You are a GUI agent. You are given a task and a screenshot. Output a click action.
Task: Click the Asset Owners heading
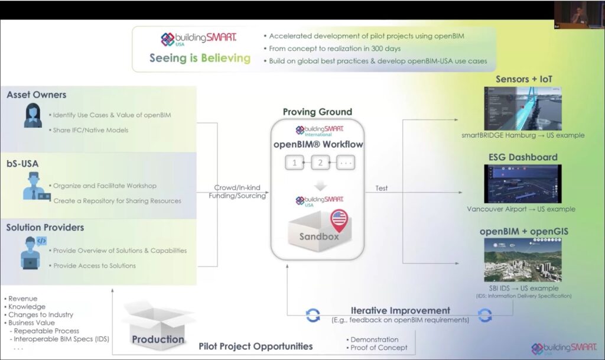37,95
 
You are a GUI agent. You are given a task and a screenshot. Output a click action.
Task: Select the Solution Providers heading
45,228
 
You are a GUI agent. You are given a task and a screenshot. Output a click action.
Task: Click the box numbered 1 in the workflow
294,163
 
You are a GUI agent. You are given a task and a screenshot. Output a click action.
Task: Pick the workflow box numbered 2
320,163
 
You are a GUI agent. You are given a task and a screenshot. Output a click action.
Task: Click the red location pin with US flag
339,220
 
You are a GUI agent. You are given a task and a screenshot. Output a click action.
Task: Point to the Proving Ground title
317,112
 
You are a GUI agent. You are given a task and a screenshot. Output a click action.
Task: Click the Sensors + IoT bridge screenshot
522,108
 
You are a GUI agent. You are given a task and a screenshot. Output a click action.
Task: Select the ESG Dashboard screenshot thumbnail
522,183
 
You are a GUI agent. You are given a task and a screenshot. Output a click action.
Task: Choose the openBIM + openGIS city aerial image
522,260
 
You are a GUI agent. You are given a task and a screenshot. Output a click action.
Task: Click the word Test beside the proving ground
382,189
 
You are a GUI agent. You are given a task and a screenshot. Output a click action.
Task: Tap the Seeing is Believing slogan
200,59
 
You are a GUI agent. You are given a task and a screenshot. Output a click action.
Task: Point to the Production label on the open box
158,339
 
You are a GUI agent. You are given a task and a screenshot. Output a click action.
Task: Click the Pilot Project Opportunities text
255,346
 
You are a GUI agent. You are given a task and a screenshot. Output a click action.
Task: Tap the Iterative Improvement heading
400,311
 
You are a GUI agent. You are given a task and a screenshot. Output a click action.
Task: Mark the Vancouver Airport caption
521,209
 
